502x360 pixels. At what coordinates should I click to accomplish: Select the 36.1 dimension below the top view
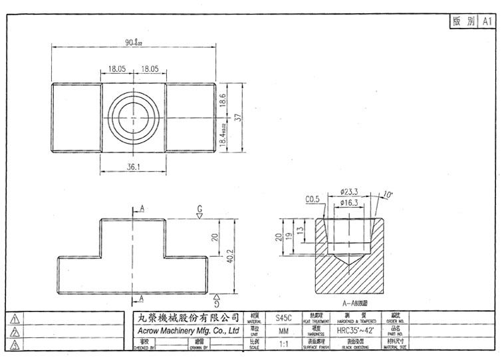[133, 167]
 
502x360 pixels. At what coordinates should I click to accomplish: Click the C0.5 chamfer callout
[313, 199]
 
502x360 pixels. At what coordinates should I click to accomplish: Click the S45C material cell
[283, 318]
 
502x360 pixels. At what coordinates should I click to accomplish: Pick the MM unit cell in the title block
[283, 331]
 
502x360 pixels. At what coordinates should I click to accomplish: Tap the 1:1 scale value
[283, 344]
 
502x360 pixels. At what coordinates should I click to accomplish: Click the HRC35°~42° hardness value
[356, 331]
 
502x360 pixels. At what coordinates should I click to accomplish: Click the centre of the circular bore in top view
[133, 118]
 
